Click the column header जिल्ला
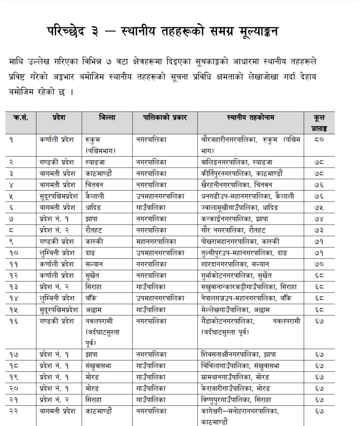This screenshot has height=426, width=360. pos(107,118)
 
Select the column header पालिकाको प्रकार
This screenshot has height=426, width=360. pos(165,118)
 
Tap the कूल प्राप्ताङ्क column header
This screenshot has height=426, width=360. pos(319,123)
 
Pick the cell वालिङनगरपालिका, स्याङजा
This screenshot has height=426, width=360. pos(237,162)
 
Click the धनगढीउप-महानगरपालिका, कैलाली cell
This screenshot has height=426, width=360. pos(248,196)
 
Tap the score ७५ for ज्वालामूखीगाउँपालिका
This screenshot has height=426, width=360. pos(319,208)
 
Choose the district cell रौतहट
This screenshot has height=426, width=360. pos(94,230)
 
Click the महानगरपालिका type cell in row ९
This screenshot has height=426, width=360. pos(156,241)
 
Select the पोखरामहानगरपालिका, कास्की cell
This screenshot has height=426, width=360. pos(240,241)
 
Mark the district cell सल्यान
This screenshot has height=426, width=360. pos(94,264)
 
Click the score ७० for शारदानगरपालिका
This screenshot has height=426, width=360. pos(319,264)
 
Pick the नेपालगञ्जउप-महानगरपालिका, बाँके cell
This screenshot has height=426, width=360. pos(247,298)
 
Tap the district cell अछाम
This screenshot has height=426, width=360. pos(94,310)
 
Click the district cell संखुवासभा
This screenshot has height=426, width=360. pos(98,366)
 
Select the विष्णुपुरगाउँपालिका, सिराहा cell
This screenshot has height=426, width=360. pos(236,400)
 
